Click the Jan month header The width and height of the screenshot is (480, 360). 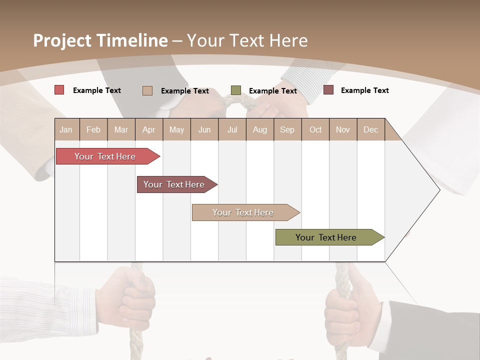(x=66, y=129)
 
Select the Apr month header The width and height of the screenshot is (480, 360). (x=148, y=129)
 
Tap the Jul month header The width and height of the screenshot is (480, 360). (x=232, y=129)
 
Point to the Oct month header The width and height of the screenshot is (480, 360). (x=315, y=129)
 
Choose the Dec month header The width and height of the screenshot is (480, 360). (x=370, y=129)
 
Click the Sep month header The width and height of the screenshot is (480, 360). (x=287, y=129)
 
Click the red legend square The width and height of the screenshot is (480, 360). (x=59, y=90)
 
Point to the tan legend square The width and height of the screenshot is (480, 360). (x=147, y=90)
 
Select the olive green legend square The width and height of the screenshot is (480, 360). (x=236, y=90)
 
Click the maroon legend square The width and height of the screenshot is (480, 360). (x=328, y=90)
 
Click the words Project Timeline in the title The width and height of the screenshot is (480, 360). (x=100, y=40)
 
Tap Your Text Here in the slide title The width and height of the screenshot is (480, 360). (x=247, y=40)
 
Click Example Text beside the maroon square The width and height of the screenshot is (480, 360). (x=364, y=90)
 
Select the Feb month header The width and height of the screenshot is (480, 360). (x=93, y=129)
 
